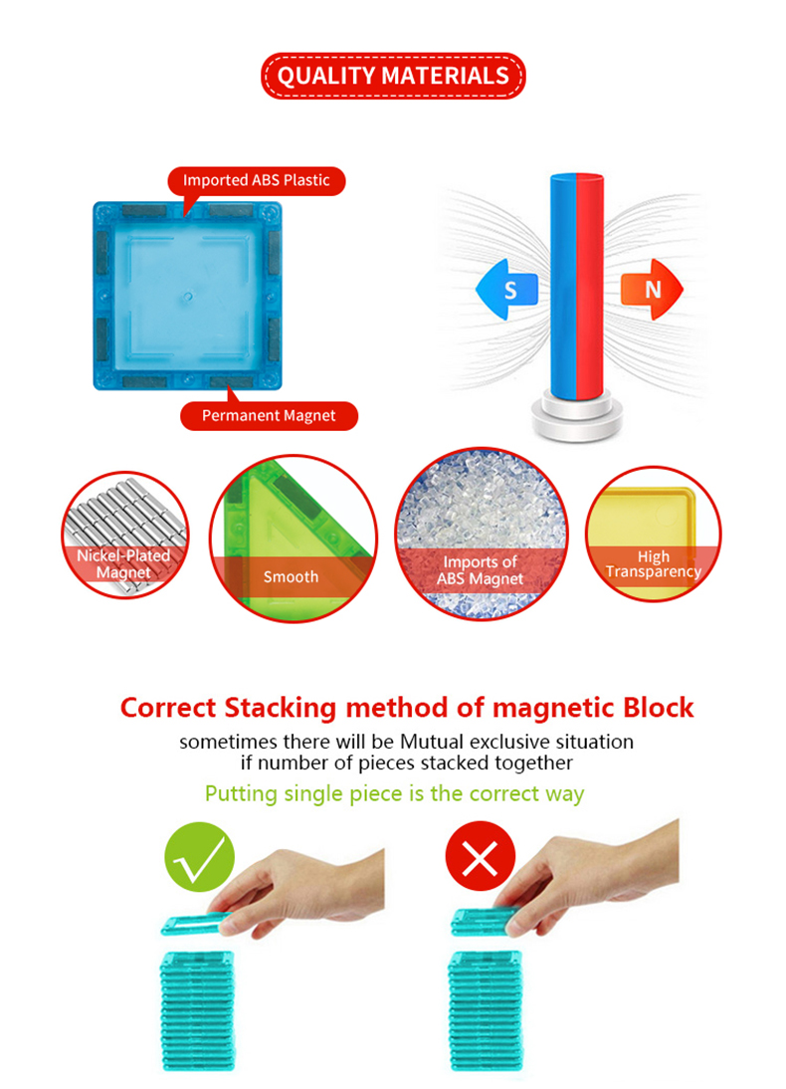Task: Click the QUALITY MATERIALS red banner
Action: point(393,76)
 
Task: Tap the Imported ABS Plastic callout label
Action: point(257,180)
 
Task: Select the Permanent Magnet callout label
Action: point(269,416)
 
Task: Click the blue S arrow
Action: point(506,290)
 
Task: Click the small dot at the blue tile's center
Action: point(187,297)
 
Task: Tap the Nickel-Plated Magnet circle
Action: point(125,535)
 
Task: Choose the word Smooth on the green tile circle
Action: point(291,577)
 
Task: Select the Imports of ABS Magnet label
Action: point(481,570)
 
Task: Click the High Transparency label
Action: point(654,564)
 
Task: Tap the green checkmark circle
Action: point(200,856)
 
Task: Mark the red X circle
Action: point(481,856)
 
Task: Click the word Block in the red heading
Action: point(659,708)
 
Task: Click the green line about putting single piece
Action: point(394,793)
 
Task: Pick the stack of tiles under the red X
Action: point(485,1010)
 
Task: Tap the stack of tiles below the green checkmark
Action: point(197,1010)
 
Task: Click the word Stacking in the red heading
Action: point(281,709)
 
